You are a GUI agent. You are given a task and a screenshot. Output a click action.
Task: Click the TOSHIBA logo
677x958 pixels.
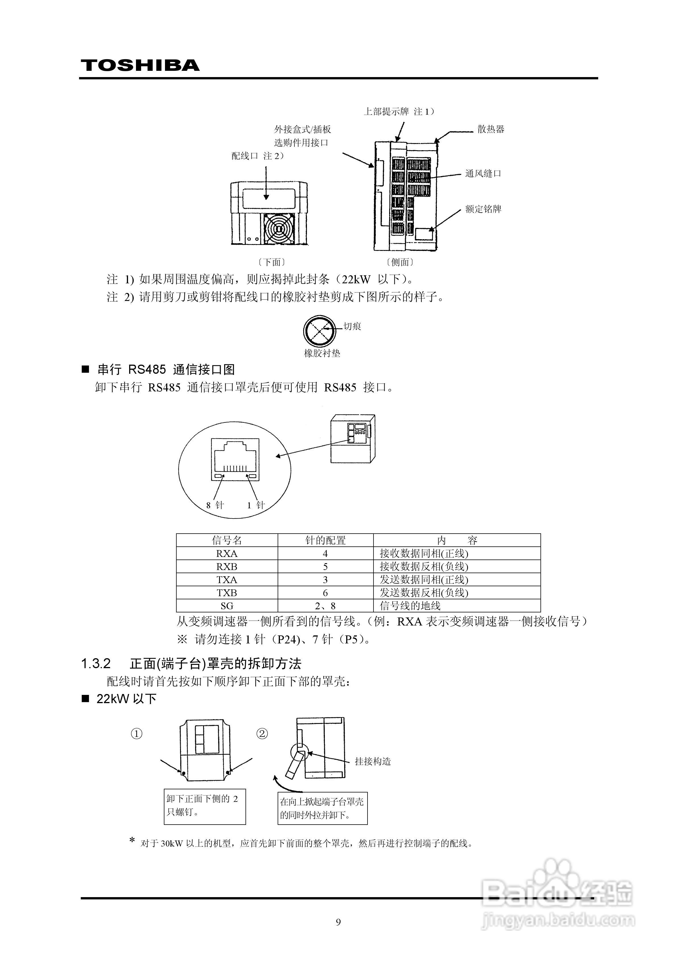(140, 65)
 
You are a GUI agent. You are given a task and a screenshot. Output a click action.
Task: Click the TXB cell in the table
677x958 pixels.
(227, 593)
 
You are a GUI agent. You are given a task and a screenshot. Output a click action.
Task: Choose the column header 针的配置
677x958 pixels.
(325, 540)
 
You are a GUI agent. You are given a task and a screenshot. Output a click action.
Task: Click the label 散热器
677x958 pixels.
(491, 129)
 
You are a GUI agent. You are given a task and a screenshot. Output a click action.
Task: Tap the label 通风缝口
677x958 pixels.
(483, 174)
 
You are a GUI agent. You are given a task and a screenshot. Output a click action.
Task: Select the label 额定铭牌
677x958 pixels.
(483, 209)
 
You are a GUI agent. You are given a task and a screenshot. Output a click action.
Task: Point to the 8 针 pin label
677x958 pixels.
(215, 505)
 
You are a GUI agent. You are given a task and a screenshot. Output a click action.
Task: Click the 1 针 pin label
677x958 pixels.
(256, 505)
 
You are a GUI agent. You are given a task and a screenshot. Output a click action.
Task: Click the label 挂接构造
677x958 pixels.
(373, 761)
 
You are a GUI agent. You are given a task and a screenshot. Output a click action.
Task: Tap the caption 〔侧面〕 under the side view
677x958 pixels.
(400, 262)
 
